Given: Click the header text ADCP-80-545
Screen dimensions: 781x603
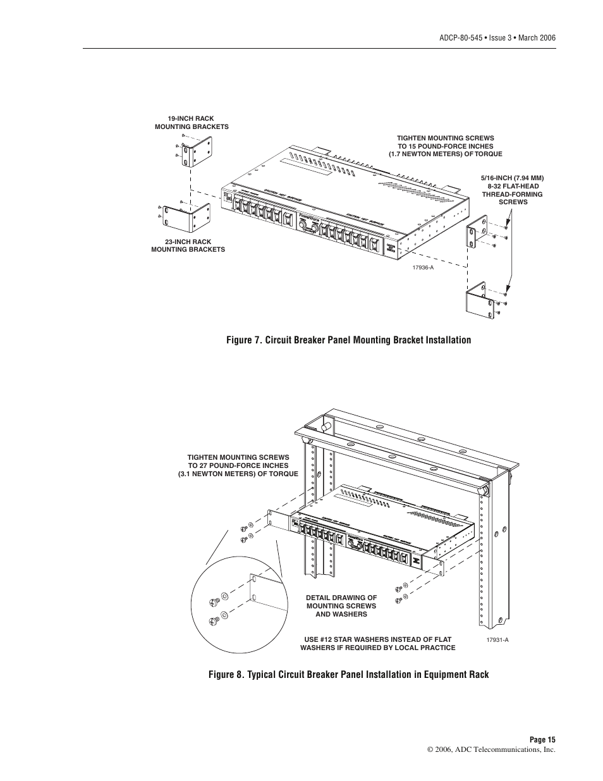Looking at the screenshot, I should (x=458, y=38).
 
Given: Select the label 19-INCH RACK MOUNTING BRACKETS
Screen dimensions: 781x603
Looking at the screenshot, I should (x=191, y=123).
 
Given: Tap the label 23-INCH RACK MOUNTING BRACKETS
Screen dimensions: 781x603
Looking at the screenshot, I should (x=188, y=245).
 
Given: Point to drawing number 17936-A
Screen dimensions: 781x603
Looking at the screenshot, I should (x=423, y=268).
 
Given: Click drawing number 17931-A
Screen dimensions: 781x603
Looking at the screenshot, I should (x=497, y=640).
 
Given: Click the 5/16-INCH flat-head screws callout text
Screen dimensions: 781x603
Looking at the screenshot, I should (x=513, y=190).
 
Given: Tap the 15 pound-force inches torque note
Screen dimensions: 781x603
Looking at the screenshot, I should (x=446, y=146).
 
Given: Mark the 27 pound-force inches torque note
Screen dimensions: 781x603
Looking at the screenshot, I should (x=238, y=465).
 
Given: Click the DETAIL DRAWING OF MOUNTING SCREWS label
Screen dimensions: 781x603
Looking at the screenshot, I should (x=341, y=606).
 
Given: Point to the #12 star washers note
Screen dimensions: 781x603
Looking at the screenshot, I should (x=377, y=643).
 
